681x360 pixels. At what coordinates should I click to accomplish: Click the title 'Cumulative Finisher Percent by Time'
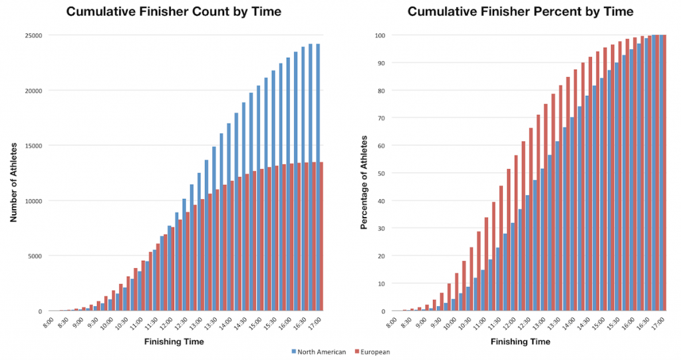[520, 12]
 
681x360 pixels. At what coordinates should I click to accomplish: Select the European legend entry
[370, 352]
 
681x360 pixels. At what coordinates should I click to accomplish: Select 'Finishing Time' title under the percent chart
[521, 341]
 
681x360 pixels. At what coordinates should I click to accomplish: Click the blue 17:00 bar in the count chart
[317, 180]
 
